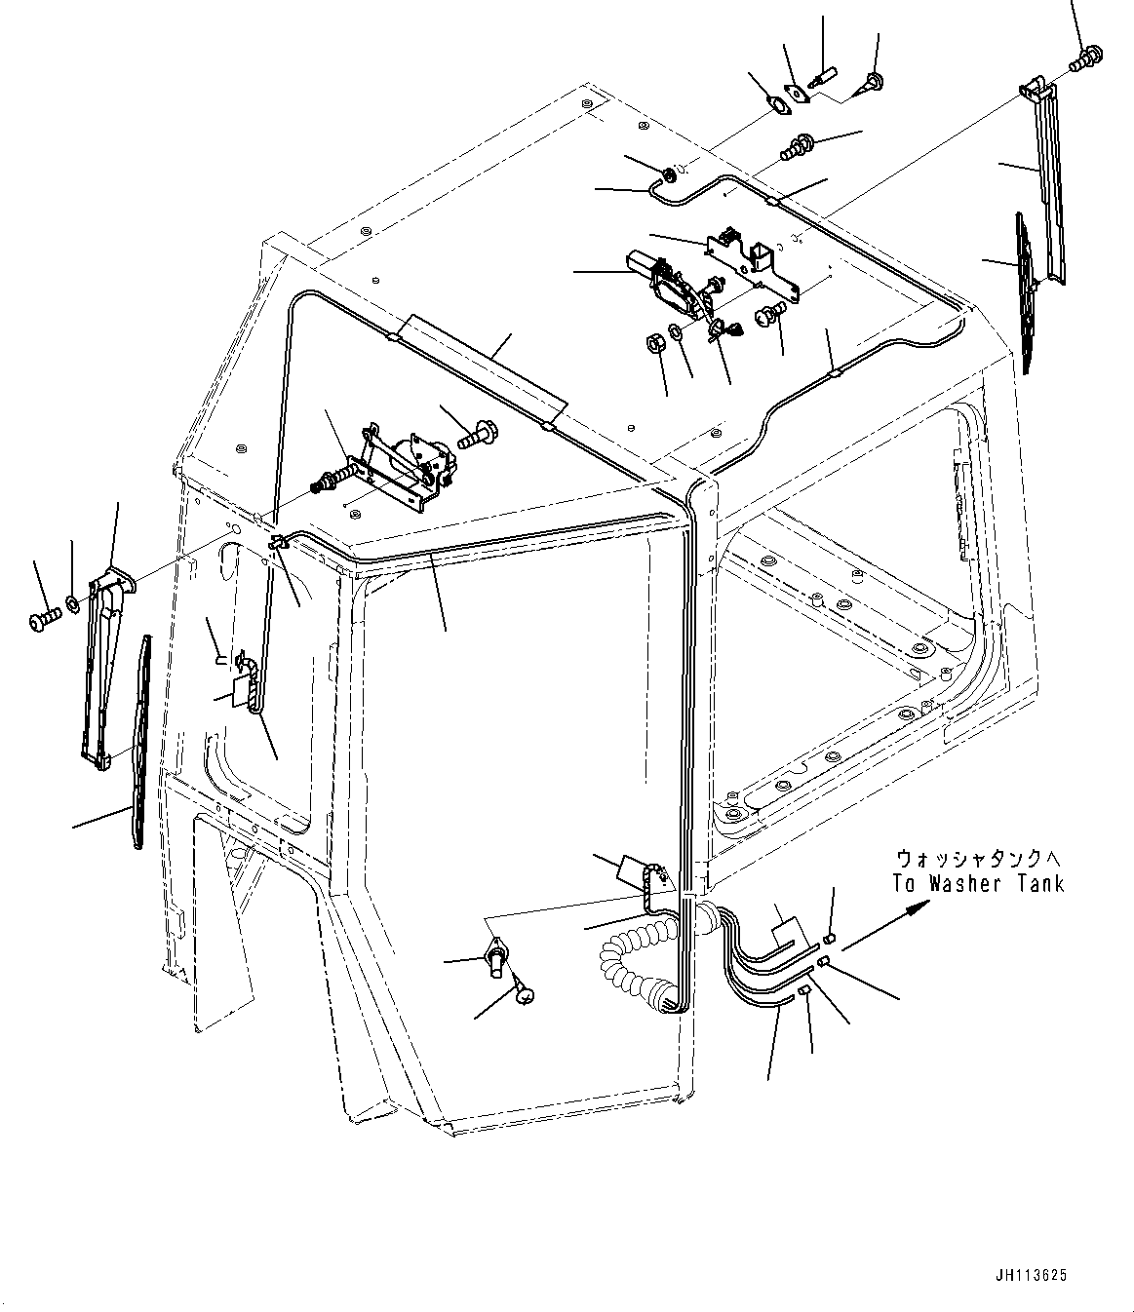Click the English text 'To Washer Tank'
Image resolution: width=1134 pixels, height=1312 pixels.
(978, 883)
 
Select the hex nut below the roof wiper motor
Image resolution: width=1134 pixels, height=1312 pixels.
(656, 342)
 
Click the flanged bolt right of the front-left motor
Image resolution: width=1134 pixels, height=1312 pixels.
(479, 433)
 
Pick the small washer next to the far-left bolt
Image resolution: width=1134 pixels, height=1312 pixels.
(72, 611)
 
